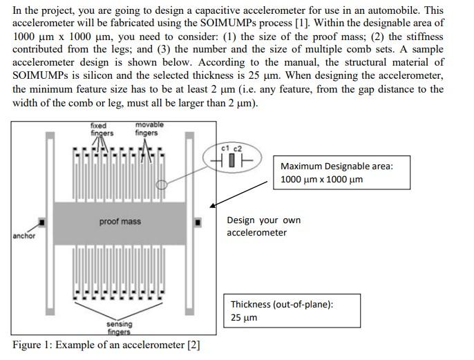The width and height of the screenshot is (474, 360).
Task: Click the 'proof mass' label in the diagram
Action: click(x=120, y=221)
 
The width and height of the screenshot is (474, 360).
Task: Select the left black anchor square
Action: click(x=41, y=222)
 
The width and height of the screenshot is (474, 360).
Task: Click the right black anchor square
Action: click(x=198, y=222)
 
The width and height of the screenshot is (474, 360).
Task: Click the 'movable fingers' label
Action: click(x=149, y=129)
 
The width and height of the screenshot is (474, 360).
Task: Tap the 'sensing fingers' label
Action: click(x=119, y=328)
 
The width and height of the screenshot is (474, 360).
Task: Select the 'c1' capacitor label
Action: click(x=225, y=149)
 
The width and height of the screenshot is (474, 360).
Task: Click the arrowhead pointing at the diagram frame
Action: click(x=212, y=205)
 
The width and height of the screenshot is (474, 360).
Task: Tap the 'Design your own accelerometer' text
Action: click(x=263, y=226)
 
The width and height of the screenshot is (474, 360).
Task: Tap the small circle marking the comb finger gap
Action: click(x=161, y=184)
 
